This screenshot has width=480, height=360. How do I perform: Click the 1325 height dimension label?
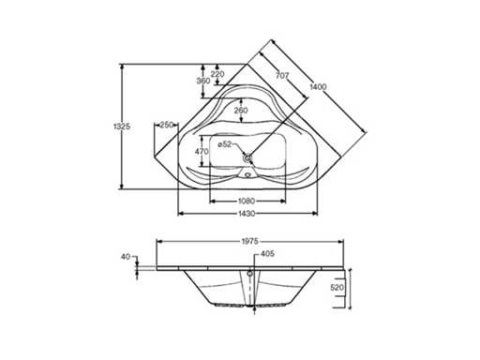[122, 127]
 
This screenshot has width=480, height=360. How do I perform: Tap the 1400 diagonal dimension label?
[318, 87]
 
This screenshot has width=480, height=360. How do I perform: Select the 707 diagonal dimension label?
[282, 75]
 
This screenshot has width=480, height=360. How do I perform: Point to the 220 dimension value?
[217, 74]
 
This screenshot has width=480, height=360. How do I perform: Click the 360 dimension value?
[203, 81]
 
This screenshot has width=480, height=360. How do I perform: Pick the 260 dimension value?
[241, 111]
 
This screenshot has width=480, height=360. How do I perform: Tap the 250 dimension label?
[167, 125]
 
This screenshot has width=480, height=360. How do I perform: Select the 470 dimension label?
[202, 152]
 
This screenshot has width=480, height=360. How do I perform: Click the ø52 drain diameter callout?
[225, 144]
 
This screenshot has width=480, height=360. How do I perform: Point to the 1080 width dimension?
[247, 201]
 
